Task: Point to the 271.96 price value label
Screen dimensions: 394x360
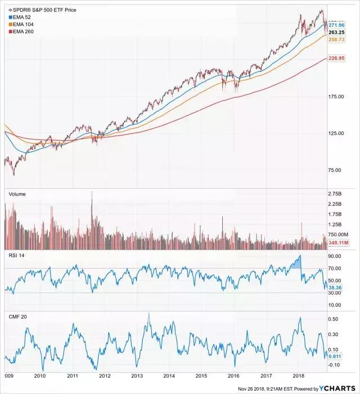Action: click(337, 26)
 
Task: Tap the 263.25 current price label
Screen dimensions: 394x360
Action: click(337, 33)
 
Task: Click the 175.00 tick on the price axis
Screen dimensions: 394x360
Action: click(336, 97)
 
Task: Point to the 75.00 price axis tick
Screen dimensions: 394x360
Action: click(336, 170)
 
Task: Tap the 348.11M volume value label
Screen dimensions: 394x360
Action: click(339, 242)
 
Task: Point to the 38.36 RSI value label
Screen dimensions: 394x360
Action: click(336, 287)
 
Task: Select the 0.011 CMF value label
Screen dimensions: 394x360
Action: click(336, 356)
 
